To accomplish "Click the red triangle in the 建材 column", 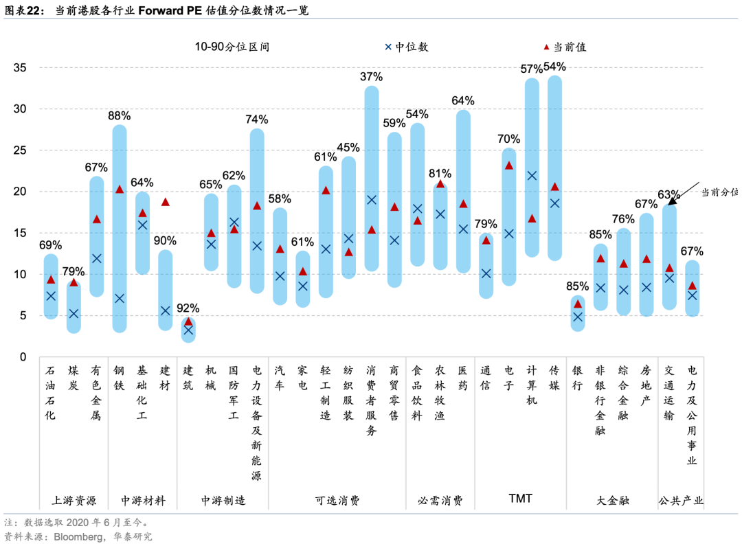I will [165, 202].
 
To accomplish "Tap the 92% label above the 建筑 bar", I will [188, 308].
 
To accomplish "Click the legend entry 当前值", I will [566, 47].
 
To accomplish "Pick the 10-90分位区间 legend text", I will [232, 47].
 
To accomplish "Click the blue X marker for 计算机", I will [532, 176].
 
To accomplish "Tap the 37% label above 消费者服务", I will [371, 76].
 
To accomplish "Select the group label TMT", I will [520, 499].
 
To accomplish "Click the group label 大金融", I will [612, 499].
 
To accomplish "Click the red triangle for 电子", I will [508, 166].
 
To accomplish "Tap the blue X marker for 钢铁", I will [120, 299].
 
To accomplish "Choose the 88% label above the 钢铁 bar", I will [120, 115].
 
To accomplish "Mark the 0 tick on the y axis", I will [23, 357].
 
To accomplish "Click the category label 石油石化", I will [50, 392].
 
